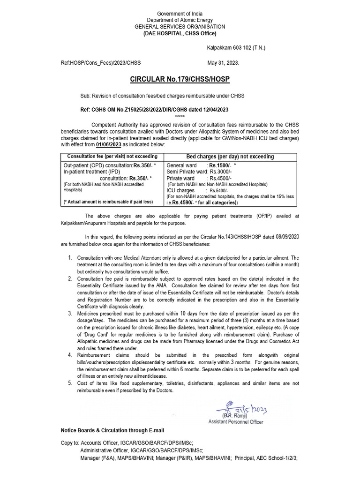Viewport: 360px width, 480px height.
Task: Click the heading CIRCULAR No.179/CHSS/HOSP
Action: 180,79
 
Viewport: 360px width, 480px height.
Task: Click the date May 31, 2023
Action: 223,62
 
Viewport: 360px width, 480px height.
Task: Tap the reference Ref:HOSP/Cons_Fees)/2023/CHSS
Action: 101,62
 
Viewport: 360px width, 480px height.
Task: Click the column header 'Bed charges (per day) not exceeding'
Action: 231,157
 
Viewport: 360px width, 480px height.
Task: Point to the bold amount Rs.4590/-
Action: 182,202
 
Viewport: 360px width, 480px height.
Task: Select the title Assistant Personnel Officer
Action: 236,421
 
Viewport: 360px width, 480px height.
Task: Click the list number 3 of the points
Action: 70,313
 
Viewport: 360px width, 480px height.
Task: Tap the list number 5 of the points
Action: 70,383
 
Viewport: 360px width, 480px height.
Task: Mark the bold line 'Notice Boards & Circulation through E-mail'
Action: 112,430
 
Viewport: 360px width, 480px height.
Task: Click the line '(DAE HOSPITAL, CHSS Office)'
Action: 180,33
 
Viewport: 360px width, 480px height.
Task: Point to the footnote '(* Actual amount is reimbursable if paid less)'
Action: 108,202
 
